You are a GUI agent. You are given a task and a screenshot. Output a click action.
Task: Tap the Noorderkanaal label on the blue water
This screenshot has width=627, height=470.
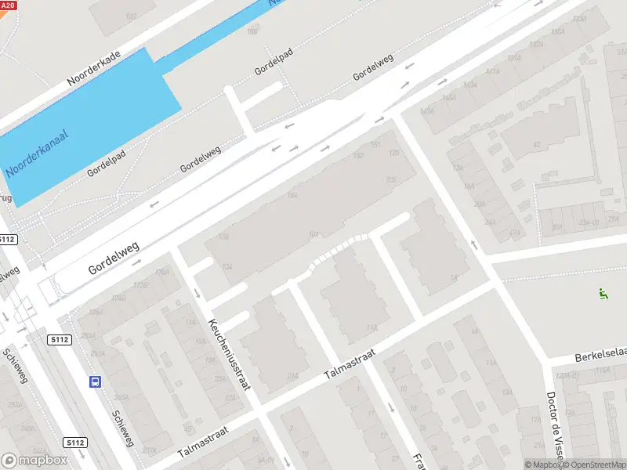[x=37, y=154]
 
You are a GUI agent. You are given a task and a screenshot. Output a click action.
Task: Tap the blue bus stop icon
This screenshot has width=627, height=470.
[x=95, y=382]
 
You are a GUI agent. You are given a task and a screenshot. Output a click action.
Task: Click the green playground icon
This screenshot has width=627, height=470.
[x=603, y=295]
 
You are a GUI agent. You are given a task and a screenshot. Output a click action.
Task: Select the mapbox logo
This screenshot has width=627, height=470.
[x=34, y=461]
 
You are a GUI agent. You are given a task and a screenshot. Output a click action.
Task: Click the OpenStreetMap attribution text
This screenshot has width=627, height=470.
[x=593, y=465]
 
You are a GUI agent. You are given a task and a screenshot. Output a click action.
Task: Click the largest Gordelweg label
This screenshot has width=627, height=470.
[x=114, y=258]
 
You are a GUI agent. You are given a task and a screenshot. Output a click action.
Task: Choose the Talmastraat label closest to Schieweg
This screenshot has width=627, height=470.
[x=201, y=443]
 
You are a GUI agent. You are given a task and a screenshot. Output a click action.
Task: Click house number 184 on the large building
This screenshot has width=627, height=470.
[x=292, y=195]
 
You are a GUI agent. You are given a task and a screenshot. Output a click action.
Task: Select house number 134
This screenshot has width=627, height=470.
[x=227, y=267]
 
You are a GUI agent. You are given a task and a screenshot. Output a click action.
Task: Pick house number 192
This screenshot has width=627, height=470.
[x=358, y=155]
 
